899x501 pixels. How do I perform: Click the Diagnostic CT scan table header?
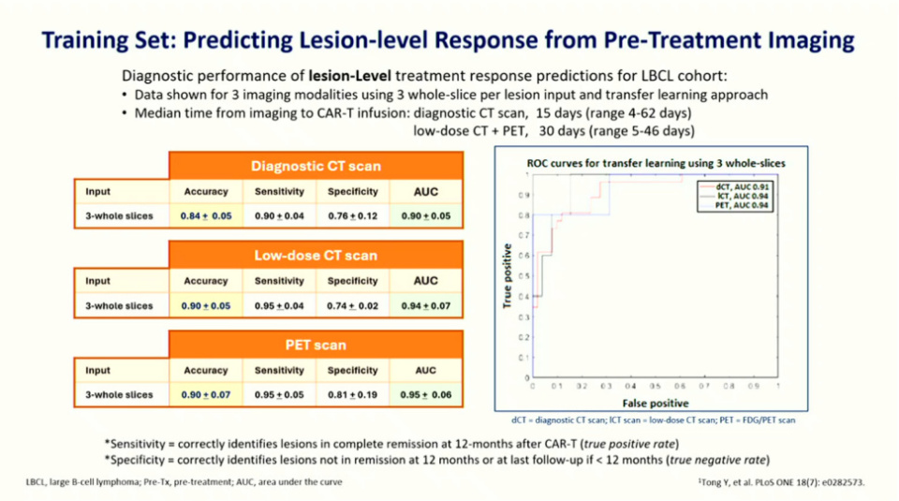(x=316, y=167)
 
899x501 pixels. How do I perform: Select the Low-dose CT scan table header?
(x=316, y=255)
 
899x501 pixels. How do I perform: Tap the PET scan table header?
(x=316, y=345)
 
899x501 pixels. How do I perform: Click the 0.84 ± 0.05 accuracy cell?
(x=206, y=216)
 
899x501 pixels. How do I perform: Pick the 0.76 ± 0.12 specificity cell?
(x=353, y=216)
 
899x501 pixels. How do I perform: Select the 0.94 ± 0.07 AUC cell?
(x=425, y=305)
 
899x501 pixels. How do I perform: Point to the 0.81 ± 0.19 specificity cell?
(x=353, y=395)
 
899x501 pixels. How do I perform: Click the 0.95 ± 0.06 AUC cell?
(x=425, y=395)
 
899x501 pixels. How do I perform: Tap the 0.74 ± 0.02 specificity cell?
(x=353, y=305)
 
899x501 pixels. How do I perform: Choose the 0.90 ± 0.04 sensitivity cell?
(x=279, y=216)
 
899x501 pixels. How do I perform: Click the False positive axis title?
(x=655, y=401)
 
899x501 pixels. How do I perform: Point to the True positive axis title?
(x=508, y=277)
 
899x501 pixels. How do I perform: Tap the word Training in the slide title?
(x=89, y=40)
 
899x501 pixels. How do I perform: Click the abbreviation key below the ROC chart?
(x=655, y=420)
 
